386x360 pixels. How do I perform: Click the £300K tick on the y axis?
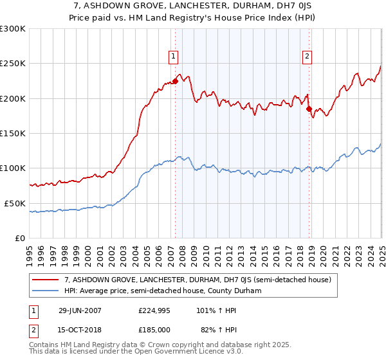click(13, 29)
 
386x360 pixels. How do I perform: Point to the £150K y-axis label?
click(13, 133)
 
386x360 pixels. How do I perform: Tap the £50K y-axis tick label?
click(15, 203)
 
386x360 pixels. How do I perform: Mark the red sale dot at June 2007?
click(175, 81)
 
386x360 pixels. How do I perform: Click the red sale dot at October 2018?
click(309, 109)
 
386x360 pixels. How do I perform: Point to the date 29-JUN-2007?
click(80, 311)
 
